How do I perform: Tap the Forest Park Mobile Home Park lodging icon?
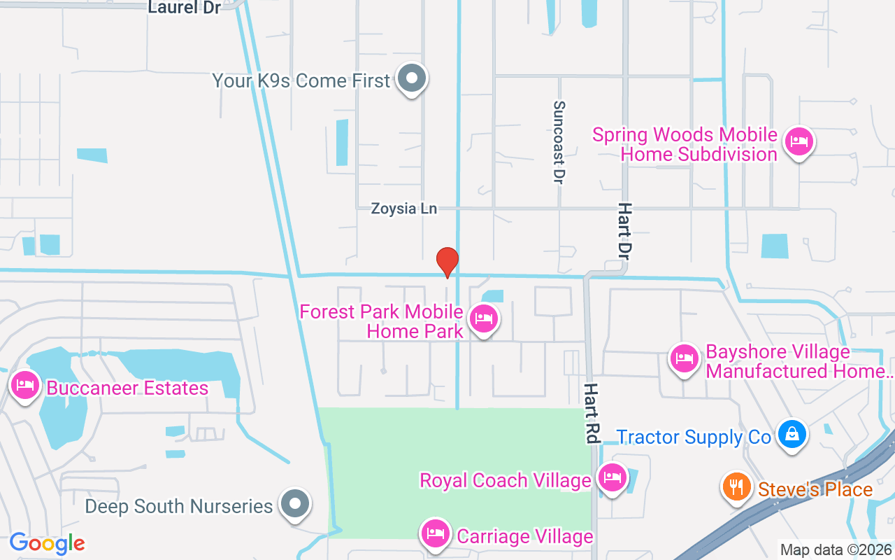click(x=483, y=318)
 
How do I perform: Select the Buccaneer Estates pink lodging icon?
click(x=26, y=386)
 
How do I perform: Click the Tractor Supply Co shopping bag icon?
click(x=793, y=435)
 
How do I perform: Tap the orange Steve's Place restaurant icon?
click(x=736, y=486)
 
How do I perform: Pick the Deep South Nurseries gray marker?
click(x=295, y=503)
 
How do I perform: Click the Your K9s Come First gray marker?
click(x=412, y=78)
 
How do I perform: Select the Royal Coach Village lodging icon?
click(x=613, y=478)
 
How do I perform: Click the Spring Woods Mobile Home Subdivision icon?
click(x=799, y=141)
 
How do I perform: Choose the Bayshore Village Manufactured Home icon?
click(x=685, y=359)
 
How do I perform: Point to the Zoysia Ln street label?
click(x=403, y=209)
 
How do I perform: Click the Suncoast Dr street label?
click(x=558, y=142)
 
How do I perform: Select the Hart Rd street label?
click(x=592, y=413)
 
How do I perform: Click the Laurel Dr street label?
click(x=185, y=8)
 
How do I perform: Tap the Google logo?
click(x=47, y=543)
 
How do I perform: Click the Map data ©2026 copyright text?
click(x=836, y=549)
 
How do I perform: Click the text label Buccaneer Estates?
click(x=127, y=388)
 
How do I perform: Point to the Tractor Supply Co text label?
click(x=693, y=437)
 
